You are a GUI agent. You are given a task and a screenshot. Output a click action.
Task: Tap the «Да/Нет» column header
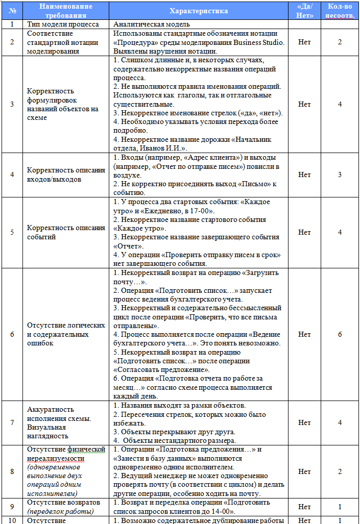coord(304,11)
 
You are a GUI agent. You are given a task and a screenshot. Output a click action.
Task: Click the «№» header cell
coord(12,11)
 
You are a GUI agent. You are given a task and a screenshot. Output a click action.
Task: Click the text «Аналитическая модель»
coord(151,24)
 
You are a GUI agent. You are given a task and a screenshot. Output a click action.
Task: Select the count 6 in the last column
coord(340,334)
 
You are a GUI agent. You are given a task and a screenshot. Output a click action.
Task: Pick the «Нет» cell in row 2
coord(304,42)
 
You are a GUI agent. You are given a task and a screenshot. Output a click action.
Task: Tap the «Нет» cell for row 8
coord(304,471)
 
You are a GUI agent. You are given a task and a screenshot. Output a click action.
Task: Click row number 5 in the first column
coord(12,232)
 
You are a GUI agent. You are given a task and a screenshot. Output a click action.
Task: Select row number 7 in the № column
coord(12,422)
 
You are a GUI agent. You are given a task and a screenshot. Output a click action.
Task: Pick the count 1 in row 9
coord(340,507)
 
